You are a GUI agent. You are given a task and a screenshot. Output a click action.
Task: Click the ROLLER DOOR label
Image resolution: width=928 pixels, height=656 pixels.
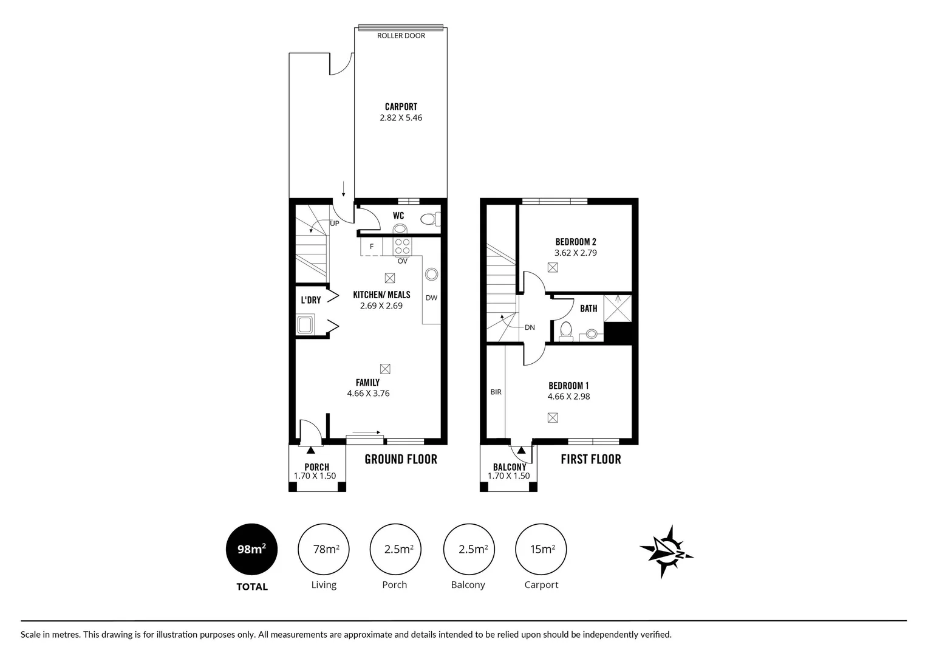tap(401, 36)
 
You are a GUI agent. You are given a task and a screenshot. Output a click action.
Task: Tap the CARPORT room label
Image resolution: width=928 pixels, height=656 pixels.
tap(401, 107)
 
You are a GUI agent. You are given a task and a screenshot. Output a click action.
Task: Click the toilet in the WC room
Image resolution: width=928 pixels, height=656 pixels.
tap(429, 219)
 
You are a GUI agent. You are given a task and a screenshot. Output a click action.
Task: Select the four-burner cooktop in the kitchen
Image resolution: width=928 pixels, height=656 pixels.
tap(402, 246)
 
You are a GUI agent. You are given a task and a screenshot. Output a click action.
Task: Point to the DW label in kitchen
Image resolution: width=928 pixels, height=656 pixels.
tap(431, 298)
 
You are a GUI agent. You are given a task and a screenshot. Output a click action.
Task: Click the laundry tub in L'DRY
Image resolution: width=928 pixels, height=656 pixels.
tap(305, 324)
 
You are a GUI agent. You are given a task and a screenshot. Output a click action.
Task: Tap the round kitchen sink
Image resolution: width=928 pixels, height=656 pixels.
tap(431, 274)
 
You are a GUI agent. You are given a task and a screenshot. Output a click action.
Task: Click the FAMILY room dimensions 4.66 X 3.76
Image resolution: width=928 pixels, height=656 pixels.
tap(368, 394)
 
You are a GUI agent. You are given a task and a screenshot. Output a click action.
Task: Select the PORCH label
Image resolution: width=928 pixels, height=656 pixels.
tap(316, 467)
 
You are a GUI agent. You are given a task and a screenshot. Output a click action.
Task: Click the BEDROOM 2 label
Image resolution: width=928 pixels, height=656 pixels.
tap(576, 242)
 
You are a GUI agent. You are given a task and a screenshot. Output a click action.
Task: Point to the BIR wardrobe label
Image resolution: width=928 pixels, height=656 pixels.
tap(496, 392)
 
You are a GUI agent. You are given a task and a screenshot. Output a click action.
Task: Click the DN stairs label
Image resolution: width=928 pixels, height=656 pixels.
tap(530, 327)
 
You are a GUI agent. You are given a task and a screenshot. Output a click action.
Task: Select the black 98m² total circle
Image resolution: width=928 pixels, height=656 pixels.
tap(251, 549)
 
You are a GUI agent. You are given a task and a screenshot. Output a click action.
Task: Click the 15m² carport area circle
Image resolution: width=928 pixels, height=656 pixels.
tap(541, 549)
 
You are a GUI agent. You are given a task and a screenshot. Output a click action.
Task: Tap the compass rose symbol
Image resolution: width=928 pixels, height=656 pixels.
tap(666, 552)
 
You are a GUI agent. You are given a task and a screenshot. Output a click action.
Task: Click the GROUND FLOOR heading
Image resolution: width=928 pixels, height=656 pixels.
tap(401, 459)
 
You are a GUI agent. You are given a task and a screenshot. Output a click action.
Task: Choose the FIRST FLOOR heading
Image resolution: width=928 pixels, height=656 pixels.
tap(590, 459)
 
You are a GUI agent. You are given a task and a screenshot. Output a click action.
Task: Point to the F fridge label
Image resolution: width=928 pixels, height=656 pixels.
tap(372, 247)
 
